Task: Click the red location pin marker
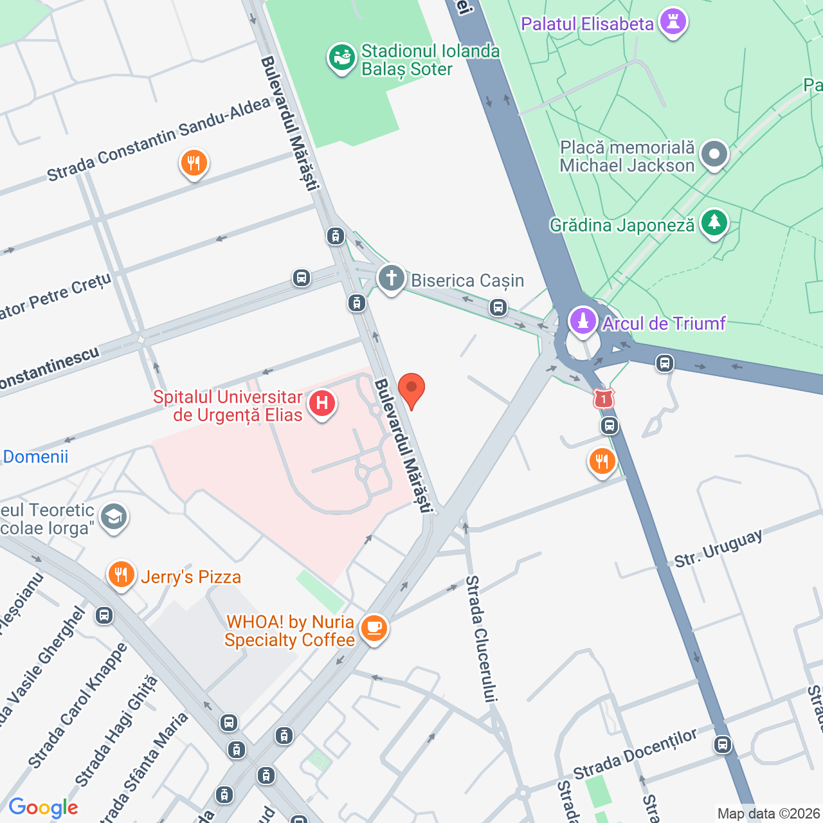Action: (x=411, y=390)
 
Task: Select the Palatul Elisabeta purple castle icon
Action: (x=673, y=23)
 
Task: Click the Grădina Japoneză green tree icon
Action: (x=714, y=223)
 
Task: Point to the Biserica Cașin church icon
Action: (x=391, y=279)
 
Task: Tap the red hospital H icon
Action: (x=321, y=404)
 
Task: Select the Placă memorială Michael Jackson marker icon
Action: (x=714, y=155)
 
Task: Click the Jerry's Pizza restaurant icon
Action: (x=120, y=575)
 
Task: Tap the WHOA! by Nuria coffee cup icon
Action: (x=374, y=628)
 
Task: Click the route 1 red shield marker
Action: (x=603, y=399)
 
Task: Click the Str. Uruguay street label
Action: (x=718, y=548)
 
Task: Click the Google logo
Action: (x=43, y=808)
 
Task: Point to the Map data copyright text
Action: (x=768, y=814)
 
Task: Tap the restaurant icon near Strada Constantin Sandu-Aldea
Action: (x=194, y=163)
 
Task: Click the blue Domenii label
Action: (x=35, y=457)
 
